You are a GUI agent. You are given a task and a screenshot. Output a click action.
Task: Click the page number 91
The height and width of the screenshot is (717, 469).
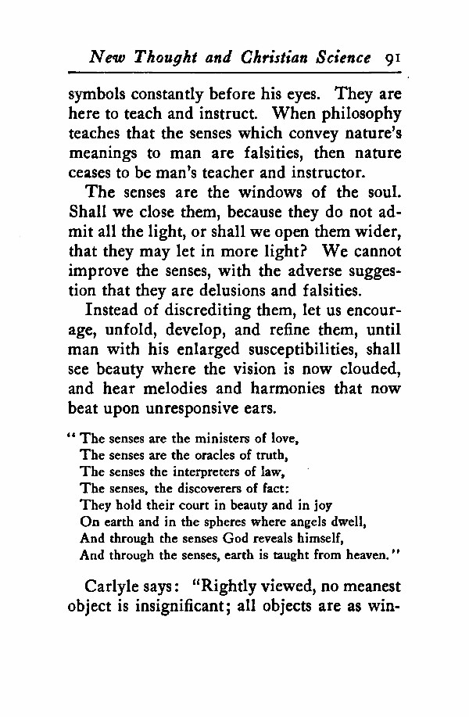(x=392, y=57)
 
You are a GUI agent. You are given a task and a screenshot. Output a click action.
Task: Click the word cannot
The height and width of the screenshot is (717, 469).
(x=374, y=251)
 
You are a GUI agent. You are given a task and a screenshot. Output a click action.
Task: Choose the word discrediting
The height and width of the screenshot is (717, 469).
(x=215, y=313)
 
